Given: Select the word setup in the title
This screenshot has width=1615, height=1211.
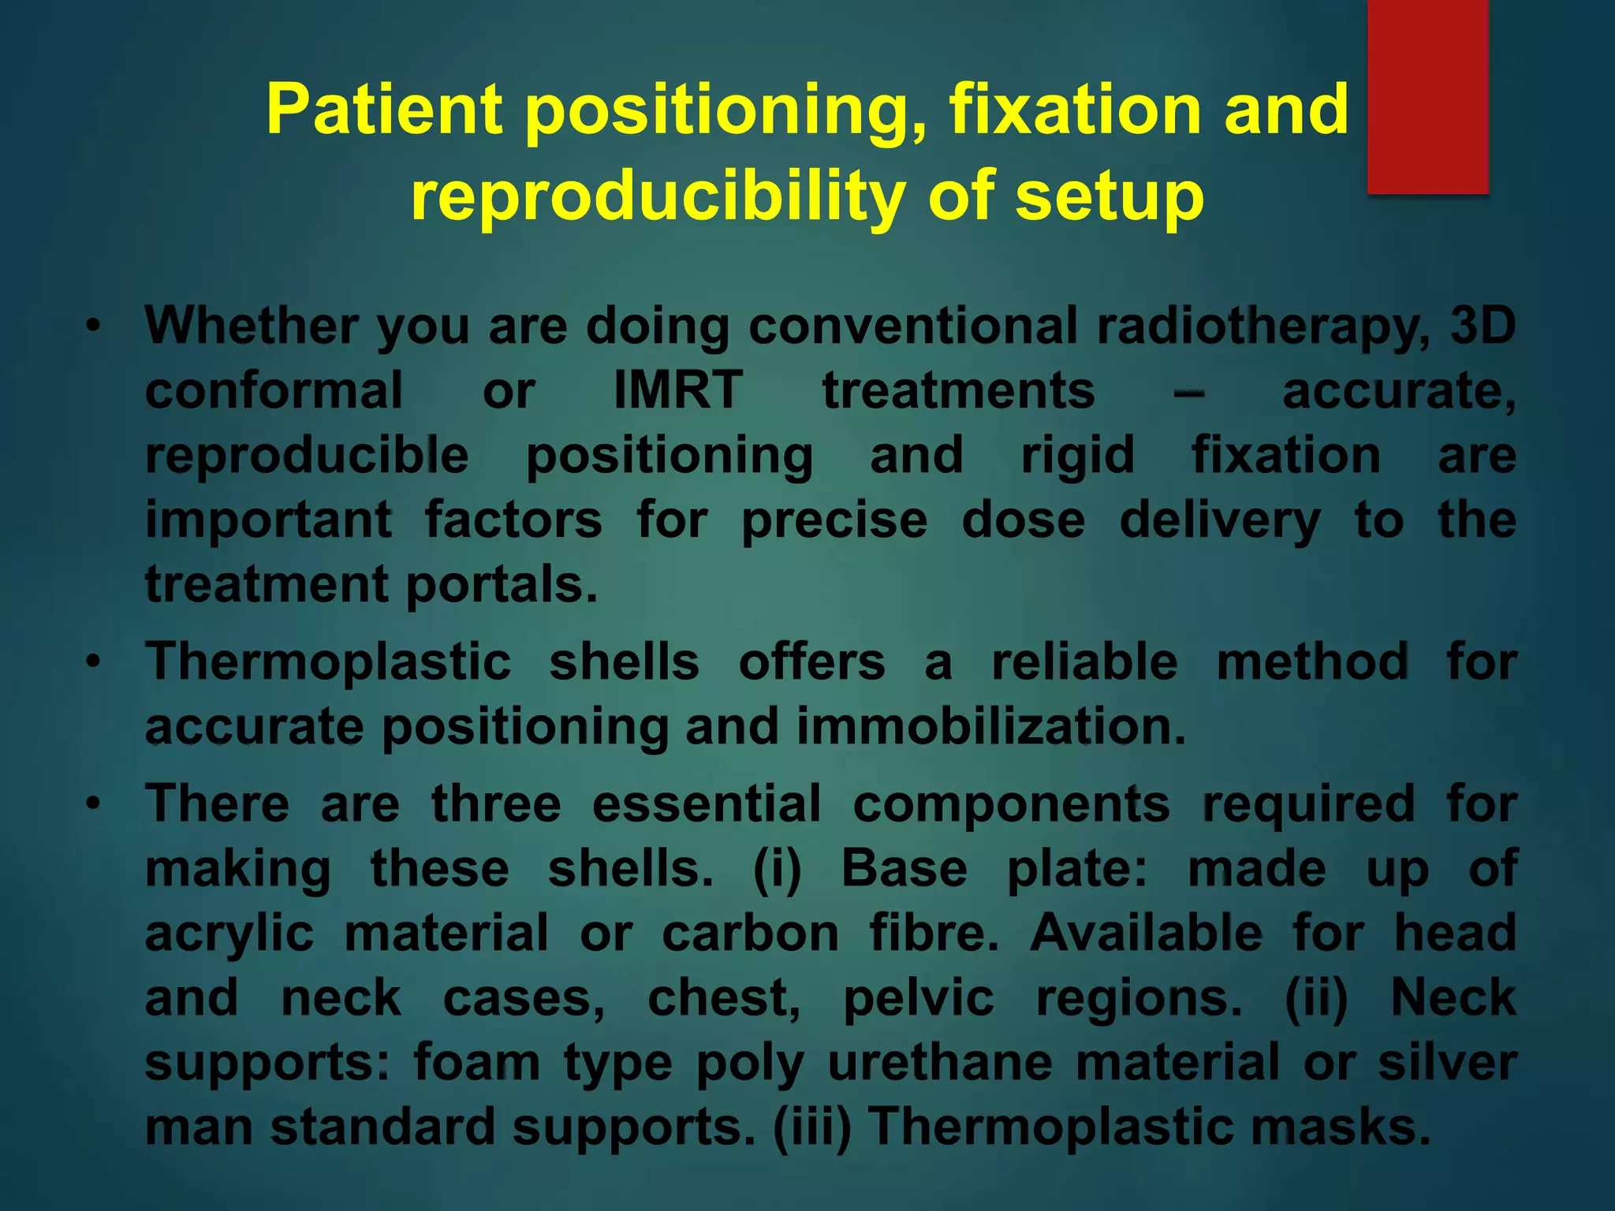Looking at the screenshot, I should pyautogui.click(x=1110, y=197).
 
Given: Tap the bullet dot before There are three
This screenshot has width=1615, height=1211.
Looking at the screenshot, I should pyautogui.click(x=94, y=804).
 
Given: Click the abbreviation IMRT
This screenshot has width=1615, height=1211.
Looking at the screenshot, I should pyautogui.click(x=678, y=390).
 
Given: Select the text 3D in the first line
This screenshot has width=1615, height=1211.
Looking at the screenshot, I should pyautogui.click(x=1483, y=325).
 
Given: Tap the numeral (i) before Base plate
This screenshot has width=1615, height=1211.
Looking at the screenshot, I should pyautogui.click(x=777, y=869).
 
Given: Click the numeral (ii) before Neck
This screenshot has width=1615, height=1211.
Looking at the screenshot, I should pyautogui.click(x=1316, y=998).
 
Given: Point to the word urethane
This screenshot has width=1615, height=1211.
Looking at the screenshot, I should pyautogui.click(x=940, y=1063).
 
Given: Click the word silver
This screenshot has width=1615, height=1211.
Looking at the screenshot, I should pyautogui.click(x=1447, y=1063).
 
